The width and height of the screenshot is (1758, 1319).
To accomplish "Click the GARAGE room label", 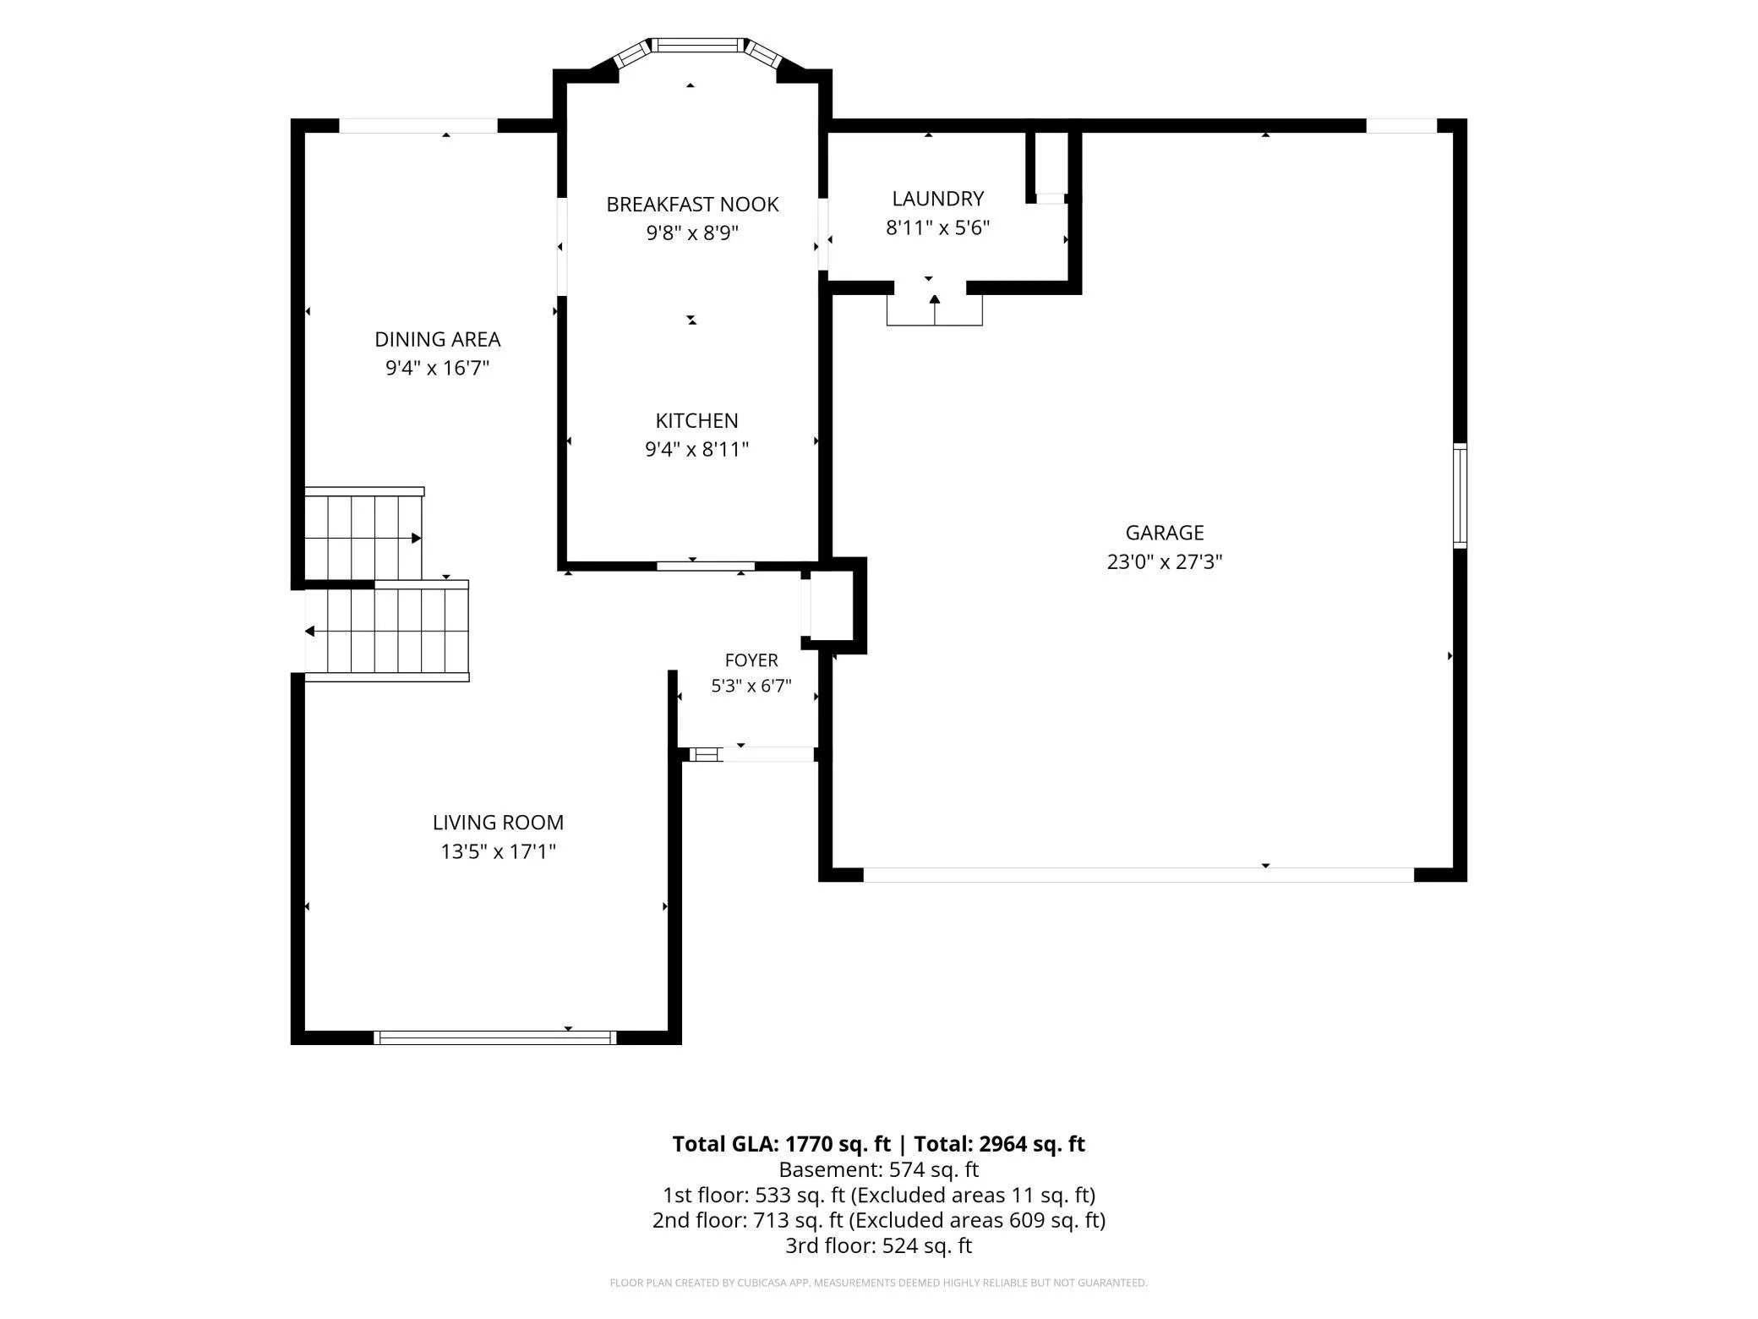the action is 1164,533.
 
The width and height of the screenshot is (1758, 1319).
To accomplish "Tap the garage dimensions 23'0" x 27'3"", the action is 1165,562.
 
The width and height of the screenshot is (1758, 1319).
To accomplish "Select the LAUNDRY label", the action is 938,199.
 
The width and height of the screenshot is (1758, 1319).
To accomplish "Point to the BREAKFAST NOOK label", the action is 692,204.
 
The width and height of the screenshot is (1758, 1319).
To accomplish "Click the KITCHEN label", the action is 696,420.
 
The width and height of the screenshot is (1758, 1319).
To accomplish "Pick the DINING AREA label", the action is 438,339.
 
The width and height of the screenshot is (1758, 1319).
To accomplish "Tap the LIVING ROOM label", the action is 498,822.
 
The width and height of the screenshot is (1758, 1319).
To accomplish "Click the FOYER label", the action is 751,660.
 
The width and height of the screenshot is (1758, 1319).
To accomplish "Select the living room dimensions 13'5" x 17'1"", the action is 498,851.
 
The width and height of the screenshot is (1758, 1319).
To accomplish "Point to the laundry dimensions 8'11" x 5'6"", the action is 937,227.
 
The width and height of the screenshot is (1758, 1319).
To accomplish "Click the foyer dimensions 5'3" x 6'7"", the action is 751,686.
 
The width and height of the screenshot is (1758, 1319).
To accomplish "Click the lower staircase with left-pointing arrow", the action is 387,631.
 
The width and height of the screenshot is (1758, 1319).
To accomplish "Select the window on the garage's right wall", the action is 1460,495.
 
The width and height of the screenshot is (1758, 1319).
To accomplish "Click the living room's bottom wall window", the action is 495,1037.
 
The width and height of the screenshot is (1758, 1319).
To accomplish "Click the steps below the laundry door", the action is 935,309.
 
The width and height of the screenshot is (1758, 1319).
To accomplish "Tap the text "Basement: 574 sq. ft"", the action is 878,1169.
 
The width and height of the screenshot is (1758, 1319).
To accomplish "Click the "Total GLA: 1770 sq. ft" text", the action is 781,1144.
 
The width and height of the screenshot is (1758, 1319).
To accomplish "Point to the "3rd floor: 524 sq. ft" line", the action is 878,1245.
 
